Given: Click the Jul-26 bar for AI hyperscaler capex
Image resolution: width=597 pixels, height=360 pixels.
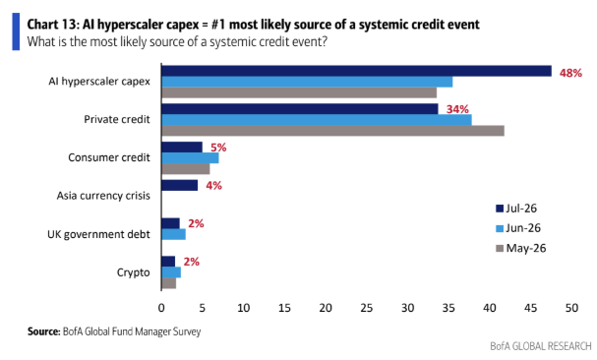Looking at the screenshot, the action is click(x=356, y=71).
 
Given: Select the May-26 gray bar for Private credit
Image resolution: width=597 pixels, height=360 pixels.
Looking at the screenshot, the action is click(x=333, y=131).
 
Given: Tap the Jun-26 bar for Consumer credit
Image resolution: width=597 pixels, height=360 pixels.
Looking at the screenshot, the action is click(x=191, y=157).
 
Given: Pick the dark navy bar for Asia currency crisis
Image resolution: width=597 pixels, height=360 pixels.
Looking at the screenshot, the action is click(x=180, y=185).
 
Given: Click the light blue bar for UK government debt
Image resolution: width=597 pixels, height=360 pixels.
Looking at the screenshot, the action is click(x=174, y=234).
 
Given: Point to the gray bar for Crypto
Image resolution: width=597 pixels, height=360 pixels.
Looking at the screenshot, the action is click(x=169, y=283).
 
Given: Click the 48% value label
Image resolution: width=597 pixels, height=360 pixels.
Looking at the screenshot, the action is click(x=570, y=73).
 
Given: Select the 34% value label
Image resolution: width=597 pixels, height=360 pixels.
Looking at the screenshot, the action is click(x=457, y=109).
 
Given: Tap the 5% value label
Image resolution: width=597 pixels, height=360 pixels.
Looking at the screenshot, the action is click(x=218, y=148).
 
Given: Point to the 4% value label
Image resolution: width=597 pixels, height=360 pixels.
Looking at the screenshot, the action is click(x=214, y=186).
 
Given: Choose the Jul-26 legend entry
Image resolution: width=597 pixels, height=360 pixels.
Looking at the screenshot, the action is click(x=516, y=209).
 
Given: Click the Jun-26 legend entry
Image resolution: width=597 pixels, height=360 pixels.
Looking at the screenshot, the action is click(x=518, y=228).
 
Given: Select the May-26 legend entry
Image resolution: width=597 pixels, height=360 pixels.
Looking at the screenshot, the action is click(x=521, y=249).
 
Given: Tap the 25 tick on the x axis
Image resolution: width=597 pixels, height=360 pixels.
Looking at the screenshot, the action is click(x=366, y=308).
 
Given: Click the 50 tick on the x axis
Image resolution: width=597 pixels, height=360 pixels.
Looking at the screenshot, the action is click(x=571, y=308).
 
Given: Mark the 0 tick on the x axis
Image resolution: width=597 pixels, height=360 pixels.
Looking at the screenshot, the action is click(x=161, y=308).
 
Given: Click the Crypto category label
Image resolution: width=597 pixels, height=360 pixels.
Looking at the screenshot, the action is click(x=133, y=272).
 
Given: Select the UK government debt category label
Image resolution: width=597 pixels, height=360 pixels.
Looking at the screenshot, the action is click(x=98, y=234).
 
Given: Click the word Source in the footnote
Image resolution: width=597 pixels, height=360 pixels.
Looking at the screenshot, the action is click(x=44, y=331).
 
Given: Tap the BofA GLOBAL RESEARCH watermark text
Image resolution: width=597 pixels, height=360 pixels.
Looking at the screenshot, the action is click(x=541, y=346).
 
